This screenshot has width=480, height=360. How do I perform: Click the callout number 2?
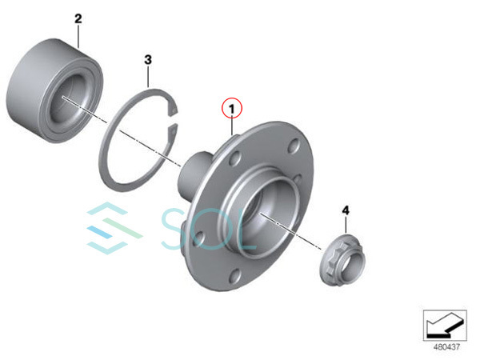coord(78,18)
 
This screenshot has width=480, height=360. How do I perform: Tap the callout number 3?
coord(148,59)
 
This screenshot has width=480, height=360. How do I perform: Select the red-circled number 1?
coord(232,108)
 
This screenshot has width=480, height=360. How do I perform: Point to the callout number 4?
coord(346,210)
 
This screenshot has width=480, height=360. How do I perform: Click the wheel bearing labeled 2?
coord(54,91)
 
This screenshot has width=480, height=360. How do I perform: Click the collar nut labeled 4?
coord(343,260)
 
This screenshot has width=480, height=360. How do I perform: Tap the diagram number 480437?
coord(446,347)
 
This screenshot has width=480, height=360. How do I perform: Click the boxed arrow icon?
coord(445,326)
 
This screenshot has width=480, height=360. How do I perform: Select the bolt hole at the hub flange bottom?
coord(234,276)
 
